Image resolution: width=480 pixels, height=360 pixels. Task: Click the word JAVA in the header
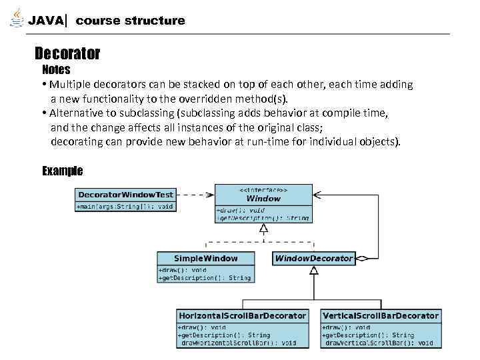pos(46,21)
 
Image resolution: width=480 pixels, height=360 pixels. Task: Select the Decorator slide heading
pos(67,53)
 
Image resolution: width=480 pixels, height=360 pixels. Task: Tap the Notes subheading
pos(56,69)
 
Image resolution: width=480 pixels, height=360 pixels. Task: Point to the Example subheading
pos(62,171)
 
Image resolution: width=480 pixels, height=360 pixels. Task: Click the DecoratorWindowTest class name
pos(125,195)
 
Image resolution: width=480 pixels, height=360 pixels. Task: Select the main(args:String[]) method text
pos(125,207)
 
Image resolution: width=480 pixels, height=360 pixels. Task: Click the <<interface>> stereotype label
pos(263,189)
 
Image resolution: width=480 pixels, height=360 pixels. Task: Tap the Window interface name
pos(263,198)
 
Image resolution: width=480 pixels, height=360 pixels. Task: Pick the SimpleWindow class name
pos(205,258)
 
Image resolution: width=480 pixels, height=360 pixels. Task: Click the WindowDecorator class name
pos(313,258)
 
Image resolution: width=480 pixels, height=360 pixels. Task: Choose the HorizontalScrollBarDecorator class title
pos(243,315)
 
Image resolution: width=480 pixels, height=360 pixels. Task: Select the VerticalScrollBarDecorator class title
pos(381,315)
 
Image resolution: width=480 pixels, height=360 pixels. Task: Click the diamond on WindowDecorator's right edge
pos(363,258)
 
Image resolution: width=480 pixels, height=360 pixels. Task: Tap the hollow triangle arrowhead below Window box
pos(264,228)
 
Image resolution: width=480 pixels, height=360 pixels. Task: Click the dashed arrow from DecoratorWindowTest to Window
pos(193,195)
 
